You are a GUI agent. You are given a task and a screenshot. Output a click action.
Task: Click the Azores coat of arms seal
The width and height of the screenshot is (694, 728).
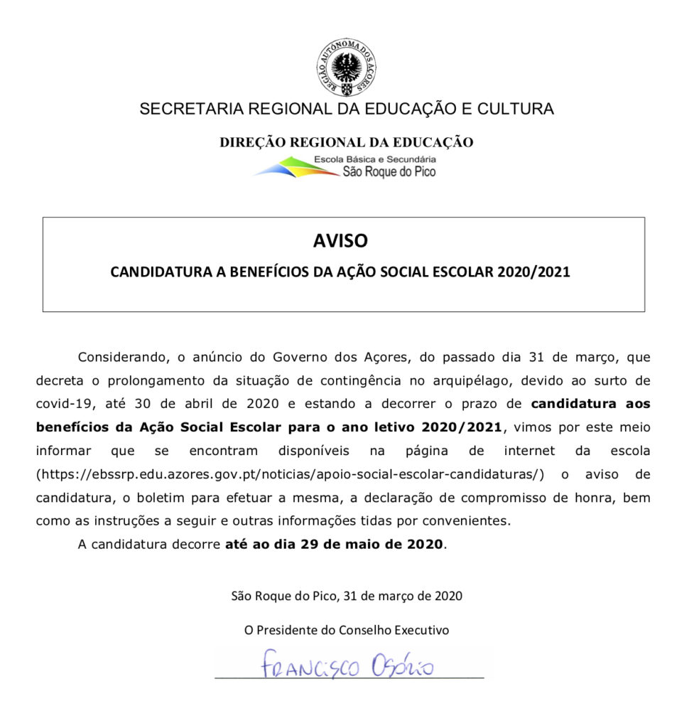pyautogui.click(x=347, y=69)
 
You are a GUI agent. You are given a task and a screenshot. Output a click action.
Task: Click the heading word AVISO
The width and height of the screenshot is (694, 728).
pyautogui.click(x=341, y=241)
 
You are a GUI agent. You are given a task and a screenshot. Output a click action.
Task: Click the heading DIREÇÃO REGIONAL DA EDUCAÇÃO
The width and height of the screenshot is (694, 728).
pyautogui.click(x=346, y=142)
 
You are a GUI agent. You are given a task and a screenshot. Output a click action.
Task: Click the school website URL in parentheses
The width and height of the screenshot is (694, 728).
pyautogui.click(x=290, y=474)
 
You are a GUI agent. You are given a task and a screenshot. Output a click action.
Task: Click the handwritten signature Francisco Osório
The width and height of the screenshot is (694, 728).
pyautogui.click(x=347, y=666)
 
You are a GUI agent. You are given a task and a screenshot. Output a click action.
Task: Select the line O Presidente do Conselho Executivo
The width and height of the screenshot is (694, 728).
pyautogui.click(x=346, y=630)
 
